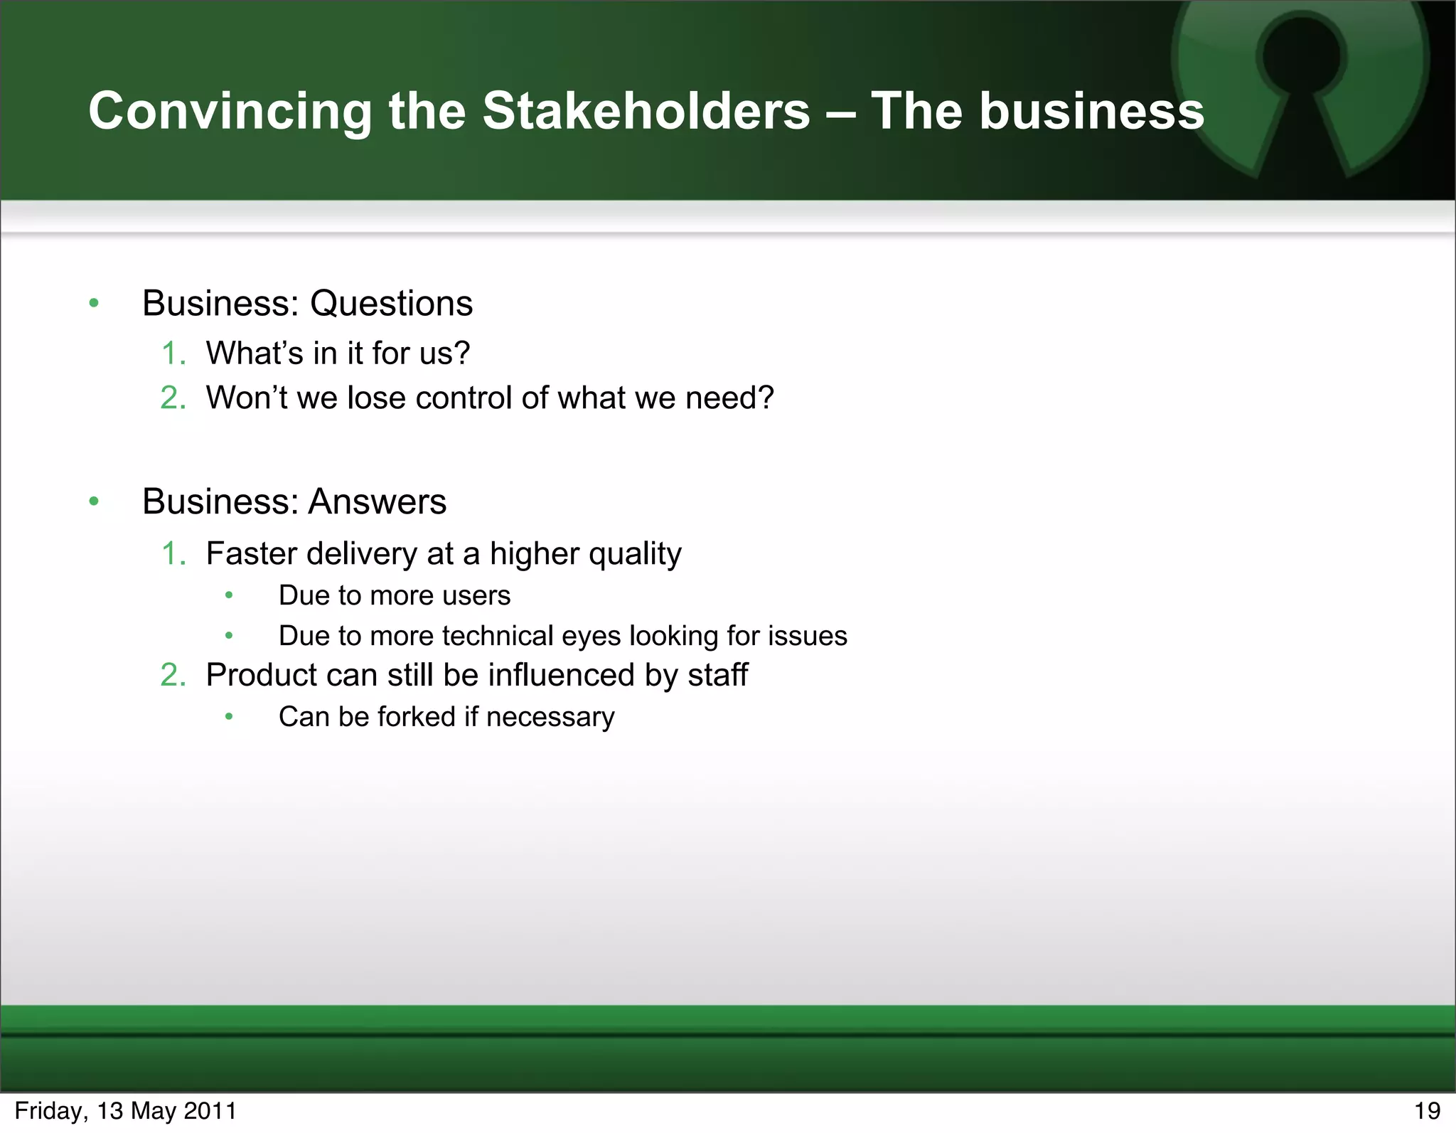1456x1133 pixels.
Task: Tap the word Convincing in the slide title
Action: click(x=230, y=112)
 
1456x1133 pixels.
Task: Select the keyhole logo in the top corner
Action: click(x=1301, y=85)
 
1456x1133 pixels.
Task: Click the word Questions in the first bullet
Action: click(x=391, y=304)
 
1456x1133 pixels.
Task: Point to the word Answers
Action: click(x=378, y=501)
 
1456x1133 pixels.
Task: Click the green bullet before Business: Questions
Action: click(x=94, y=304)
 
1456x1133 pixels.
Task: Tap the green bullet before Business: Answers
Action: click(x=94, y=501)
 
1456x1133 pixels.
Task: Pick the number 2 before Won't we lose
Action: click(x=172, y=398)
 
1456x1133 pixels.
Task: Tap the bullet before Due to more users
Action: click(x=229, y=595)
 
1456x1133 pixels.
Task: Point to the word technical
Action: click(x=497, y=636)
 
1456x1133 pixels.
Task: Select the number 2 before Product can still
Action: click(x=172, y=675)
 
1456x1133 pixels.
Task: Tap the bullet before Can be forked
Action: click(x=229, y=717)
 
